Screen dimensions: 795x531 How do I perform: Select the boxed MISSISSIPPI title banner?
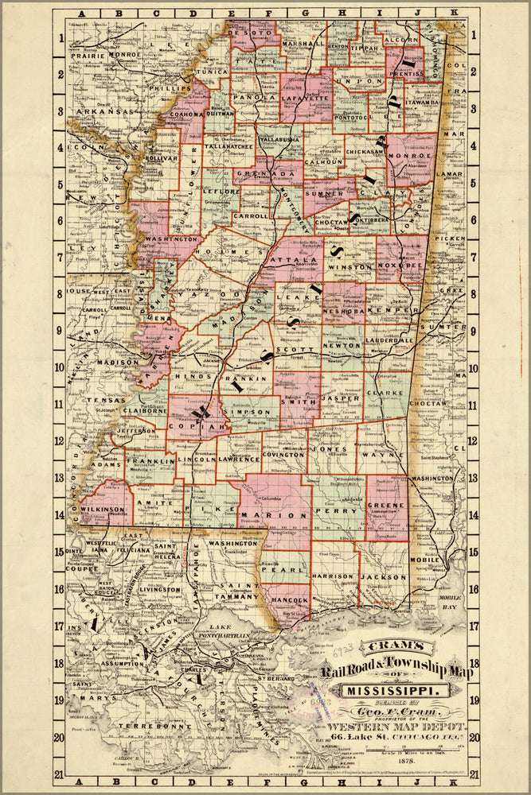coord(395,688)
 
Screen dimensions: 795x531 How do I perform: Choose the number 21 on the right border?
coord(473,773)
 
